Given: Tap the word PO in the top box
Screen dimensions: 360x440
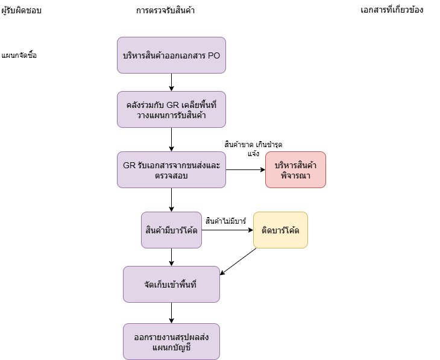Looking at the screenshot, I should click(214, 55).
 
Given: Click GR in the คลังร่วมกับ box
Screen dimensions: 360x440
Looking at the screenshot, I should click(173, 104).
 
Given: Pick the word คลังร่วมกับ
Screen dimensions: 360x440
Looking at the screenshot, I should click(145, 104).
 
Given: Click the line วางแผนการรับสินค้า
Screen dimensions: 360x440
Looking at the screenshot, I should click(171, 115).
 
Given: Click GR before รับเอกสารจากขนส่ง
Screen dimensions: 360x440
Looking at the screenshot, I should click(129, 165).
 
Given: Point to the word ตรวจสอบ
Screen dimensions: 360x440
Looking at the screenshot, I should click(171, 175).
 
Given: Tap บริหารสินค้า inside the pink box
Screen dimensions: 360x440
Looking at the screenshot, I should click(295, 165).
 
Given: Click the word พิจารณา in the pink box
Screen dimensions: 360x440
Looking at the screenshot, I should click(295, 175).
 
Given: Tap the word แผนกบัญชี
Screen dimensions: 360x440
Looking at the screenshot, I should click(171, 347).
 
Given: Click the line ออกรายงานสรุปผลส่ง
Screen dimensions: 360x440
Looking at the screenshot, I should click(171, 336).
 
